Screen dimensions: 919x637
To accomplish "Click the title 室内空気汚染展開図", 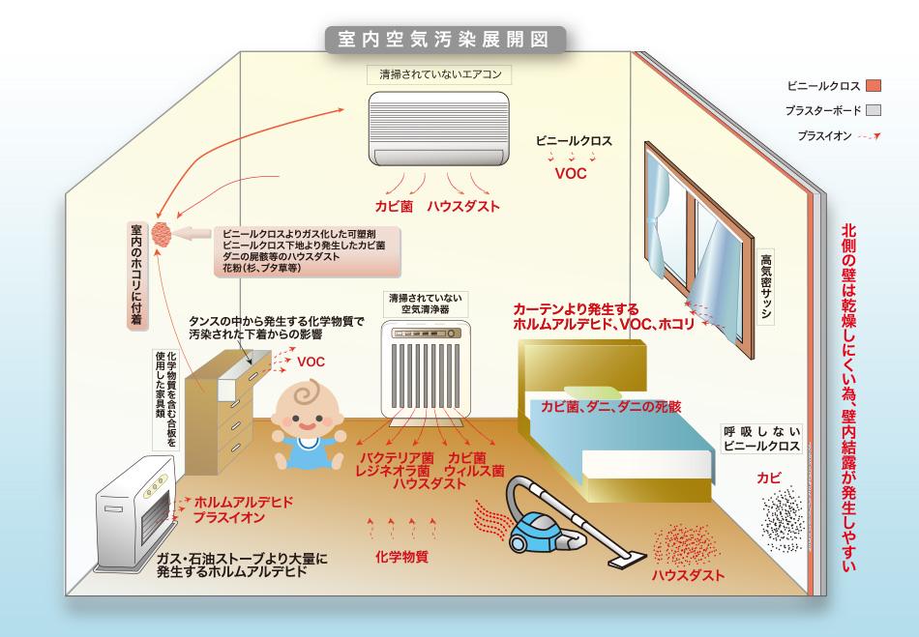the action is (444, 40).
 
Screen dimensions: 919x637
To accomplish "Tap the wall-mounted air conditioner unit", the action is (438, 129).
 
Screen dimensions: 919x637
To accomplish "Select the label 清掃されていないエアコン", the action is (440, 75).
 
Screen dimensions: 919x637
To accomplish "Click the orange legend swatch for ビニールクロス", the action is (874, 85).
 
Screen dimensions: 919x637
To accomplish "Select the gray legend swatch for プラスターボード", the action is (874, 110).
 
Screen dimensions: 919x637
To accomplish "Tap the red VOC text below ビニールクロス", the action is (571, 173).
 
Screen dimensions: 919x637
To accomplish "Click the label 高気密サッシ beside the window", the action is (766, 286).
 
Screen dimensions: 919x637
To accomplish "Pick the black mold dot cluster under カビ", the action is (782, 519).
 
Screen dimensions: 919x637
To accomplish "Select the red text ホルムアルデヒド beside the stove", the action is (243, 503).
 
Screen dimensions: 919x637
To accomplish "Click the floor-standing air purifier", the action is (426, 369).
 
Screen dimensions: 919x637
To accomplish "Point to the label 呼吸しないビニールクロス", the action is (761, 439).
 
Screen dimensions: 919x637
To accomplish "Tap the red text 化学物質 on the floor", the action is (401, 556).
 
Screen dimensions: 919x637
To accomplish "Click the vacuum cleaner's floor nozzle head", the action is (626, 561).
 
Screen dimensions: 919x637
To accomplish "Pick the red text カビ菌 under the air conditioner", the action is (394, 206).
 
